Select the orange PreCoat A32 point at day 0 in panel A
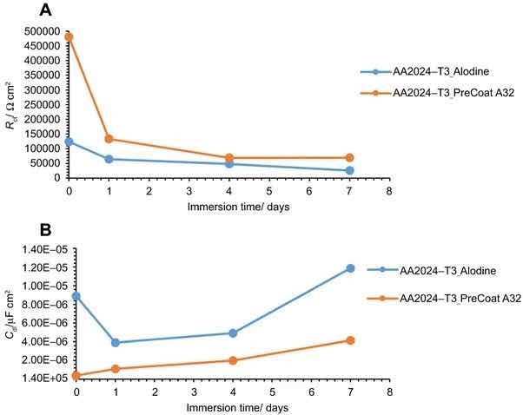click(x=69, y=37)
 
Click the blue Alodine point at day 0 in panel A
click(x=69, y=142)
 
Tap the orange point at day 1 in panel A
click(x=109, y=139)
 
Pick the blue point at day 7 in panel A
click(x=349, y=170)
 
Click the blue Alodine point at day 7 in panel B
click(x=350, y=268)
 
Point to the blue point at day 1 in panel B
click(x=116, y=342)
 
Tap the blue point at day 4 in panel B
click(x=233, y=333)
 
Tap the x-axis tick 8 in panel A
click(x=389, y=189)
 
